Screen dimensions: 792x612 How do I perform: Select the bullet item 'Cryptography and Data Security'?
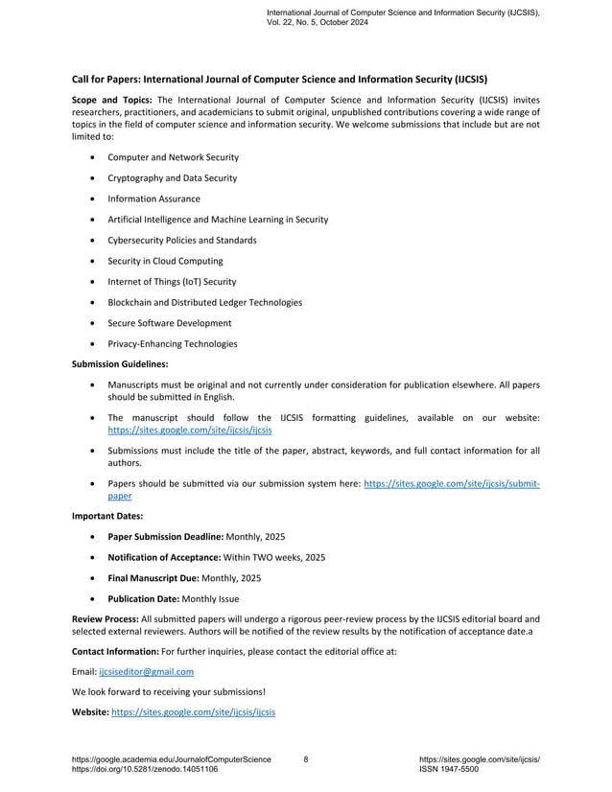point(172,177)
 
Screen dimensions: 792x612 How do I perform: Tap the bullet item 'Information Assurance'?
point(153,198)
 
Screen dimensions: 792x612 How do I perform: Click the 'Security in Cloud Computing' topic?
point(165,261)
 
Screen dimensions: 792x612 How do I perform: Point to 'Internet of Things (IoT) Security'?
point(172,282)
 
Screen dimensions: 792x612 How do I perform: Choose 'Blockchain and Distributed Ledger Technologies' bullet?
point(204,302)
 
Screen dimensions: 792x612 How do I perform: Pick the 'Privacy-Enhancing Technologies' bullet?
point(172,343)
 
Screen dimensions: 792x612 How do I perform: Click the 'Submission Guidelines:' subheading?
point(120,363)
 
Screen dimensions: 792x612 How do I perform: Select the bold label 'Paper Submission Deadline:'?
point(164,536)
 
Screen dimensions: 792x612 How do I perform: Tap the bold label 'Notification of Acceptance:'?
point(164,557)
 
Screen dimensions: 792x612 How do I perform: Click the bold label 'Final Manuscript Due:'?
point(153,578)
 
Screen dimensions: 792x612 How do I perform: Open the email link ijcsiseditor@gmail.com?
point(146,672)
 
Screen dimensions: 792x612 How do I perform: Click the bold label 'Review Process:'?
point(106,618)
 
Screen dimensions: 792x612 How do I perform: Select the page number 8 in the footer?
point(305,759)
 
